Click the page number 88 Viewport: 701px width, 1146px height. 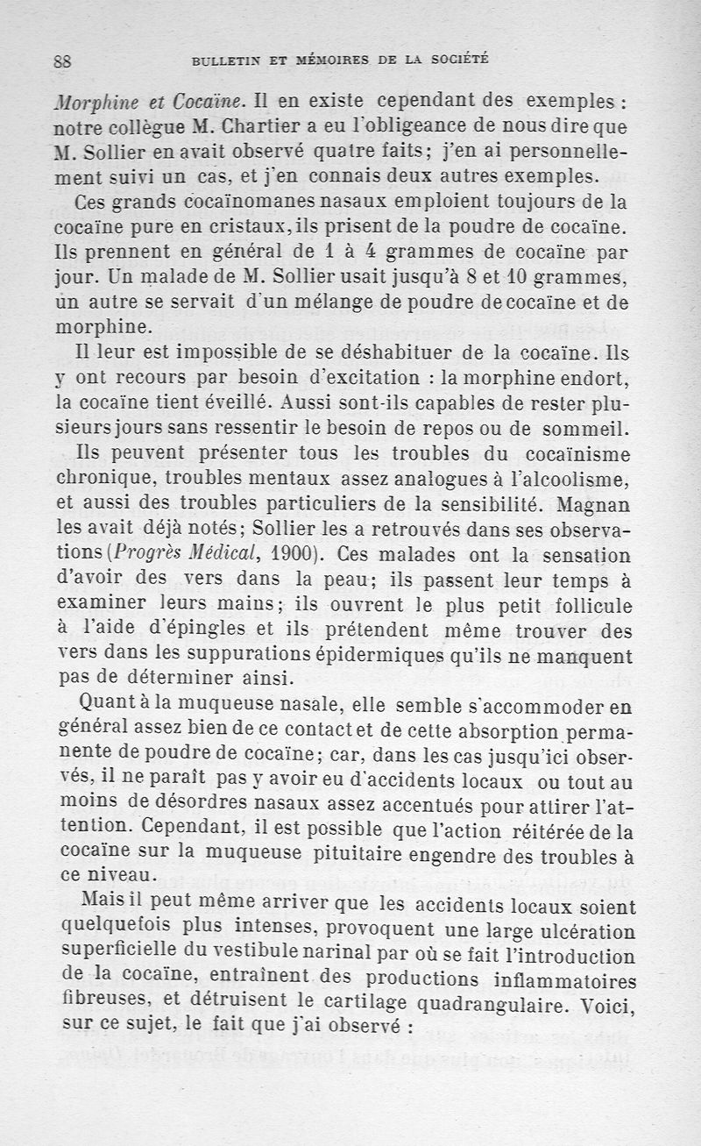coord(61,61)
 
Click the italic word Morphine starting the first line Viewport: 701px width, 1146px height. coord(88,98)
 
